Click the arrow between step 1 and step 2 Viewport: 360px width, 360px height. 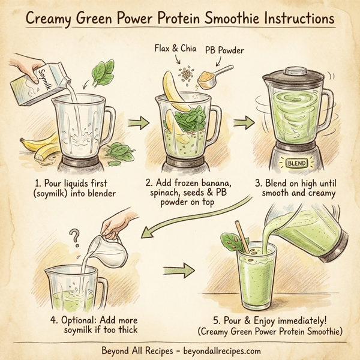point(137,124)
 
